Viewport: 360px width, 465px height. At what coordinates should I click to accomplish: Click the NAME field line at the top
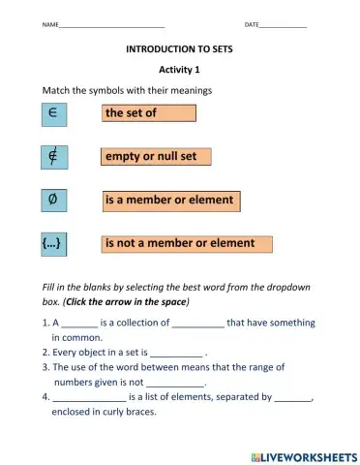click(x=111, y=24)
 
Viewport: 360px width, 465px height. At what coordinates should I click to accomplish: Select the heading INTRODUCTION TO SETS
click(x=179, y=47)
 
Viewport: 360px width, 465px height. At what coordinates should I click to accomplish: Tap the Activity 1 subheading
click(x=179, y=70)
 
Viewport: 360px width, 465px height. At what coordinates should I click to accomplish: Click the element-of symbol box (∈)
click(x=52, y=113)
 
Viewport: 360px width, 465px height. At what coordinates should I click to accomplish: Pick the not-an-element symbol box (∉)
click(x=52, y=156)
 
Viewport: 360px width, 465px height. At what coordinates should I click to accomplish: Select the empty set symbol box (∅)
click(x=52, y=201)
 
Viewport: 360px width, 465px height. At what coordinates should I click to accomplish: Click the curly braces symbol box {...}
click(x=52, y=244)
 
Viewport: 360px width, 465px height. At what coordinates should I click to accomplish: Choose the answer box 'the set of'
click(x=149, y=113)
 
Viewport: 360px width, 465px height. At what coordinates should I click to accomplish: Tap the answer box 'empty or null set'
click(x=156, y=157)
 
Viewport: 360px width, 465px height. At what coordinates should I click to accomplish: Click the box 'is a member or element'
click(x=170, y=201)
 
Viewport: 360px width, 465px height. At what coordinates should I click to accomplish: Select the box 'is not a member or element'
click(x=181, y=244)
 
